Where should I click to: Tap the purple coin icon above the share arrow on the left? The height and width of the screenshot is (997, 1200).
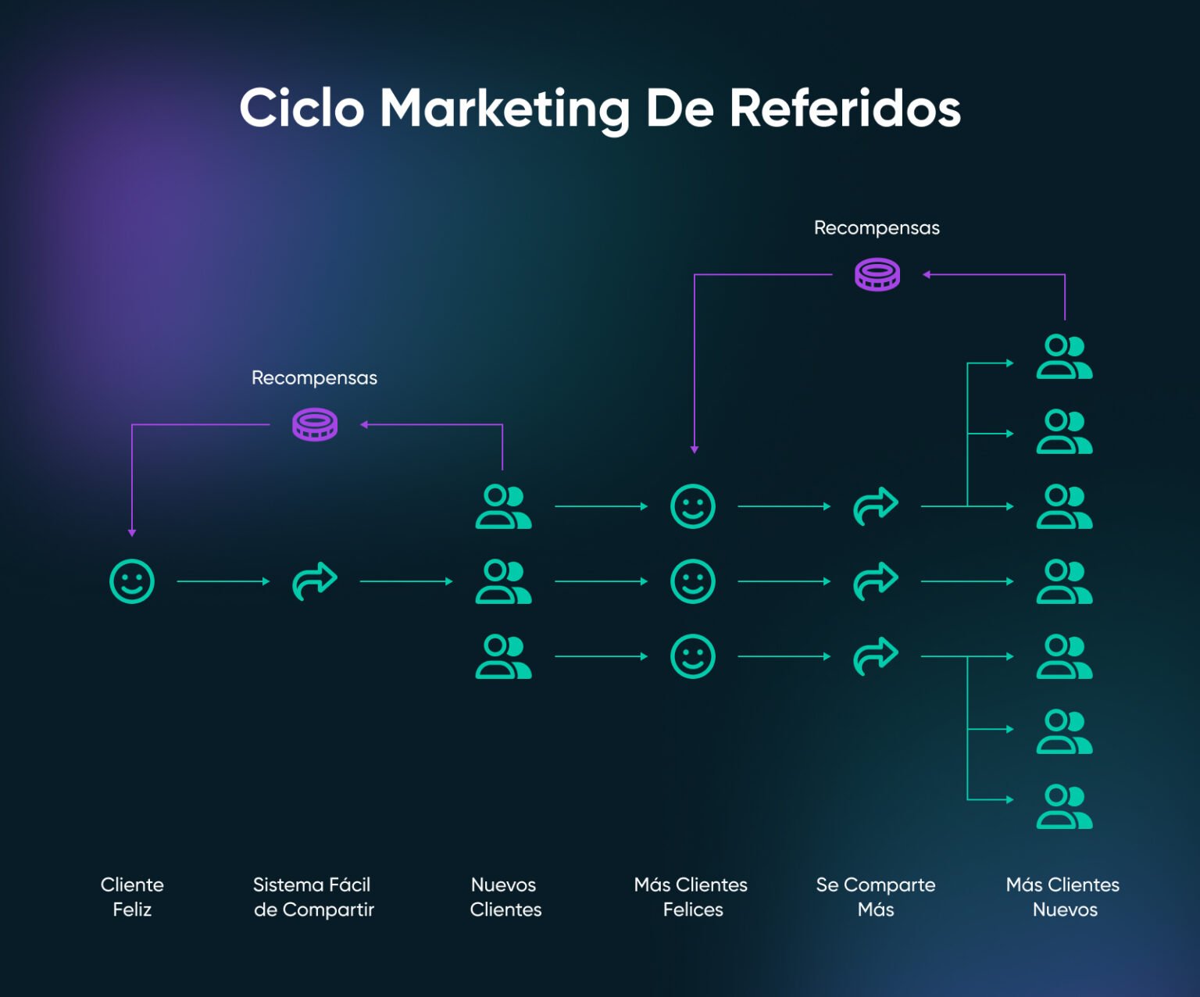pos(315,425)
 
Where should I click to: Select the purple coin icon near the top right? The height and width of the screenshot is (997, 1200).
pos(877,275)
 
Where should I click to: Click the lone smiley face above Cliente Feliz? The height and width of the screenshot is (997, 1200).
pos(132,581)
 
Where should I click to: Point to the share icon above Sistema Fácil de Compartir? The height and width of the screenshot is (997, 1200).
pos(315,581)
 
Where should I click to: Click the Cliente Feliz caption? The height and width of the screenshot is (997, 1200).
pos(132,897)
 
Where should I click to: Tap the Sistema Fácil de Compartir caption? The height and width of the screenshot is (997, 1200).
pos(313,897)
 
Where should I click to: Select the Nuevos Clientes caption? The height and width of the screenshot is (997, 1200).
pos(505,897)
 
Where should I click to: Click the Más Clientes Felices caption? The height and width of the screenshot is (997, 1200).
pos(691,897)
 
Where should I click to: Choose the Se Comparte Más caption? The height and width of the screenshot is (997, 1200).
pos(876,897)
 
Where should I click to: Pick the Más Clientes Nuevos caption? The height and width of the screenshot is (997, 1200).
pos(1063,897)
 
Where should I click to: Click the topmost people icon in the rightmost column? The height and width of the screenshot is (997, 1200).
pos(1064,357)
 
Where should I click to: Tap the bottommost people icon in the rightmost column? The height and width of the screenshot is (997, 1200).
pos(1064,807)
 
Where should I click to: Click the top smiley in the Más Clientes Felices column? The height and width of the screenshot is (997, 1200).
pos(693,506)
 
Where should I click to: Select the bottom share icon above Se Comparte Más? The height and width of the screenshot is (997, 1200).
pos(876,656)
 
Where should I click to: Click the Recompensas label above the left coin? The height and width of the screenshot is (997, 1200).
pos(314,378)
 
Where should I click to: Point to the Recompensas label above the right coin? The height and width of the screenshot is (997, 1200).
pos(877,228)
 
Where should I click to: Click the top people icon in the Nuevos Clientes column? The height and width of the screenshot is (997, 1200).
pos(504,506)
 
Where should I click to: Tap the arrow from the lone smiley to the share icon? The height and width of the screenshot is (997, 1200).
pos(223,581)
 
